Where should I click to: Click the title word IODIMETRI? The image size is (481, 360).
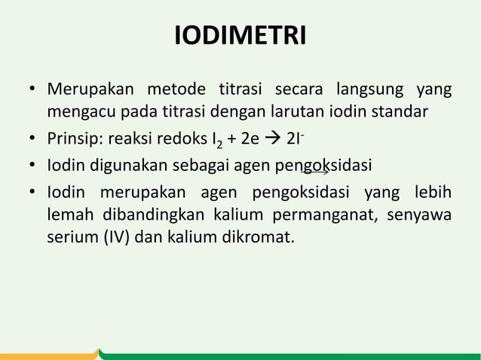[240, 36]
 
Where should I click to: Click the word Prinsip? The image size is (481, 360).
[75, 139]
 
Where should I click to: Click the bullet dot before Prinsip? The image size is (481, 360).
[33, 140]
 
